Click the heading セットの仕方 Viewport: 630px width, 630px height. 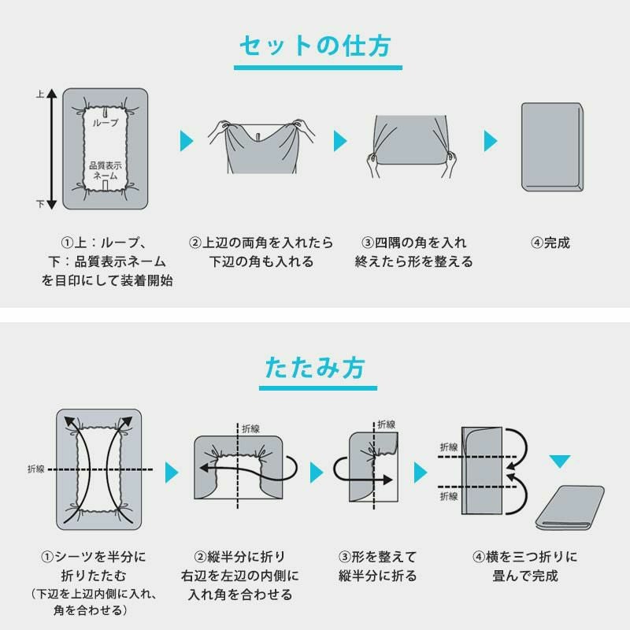315,46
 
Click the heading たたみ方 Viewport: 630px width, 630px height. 315,368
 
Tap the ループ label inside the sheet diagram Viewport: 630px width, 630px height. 106,123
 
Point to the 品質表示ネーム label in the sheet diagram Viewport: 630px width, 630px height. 106,170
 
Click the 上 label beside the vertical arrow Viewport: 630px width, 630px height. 40,94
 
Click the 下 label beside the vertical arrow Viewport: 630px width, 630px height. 40,204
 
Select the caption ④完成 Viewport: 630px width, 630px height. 550,243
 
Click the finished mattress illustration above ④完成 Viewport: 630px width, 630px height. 552,147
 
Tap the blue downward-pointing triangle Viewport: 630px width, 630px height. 560,461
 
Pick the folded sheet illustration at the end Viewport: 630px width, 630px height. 570,507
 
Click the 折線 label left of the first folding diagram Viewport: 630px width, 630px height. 35,469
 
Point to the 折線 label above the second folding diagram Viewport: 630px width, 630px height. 250,429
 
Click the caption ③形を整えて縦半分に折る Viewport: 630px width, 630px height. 377,566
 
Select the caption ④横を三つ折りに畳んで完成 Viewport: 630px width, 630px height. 524,566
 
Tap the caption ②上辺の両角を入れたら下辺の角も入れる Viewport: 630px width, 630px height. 261,252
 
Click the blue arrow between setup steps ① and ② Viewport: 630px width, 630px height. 187,141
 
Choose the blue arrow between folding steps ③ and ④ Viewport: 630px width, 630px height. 421,472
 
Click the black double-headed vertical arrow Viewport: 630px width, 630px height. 52,149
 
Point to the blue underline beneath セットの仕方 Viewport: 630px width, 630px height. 318,68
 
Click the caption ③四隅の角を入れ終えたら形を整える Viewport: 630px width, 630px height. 414,252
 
